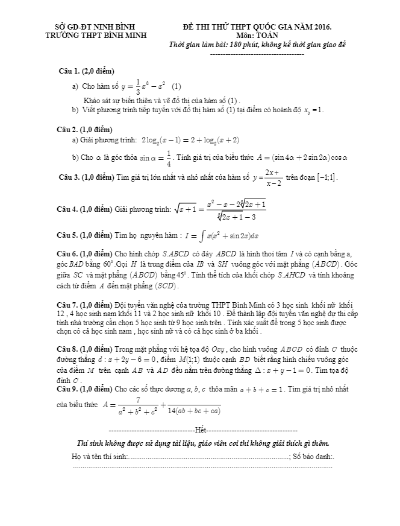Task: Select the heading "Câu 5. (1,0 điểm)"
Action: [84, 234]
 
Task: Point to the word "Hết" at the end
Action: [201, 431]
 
